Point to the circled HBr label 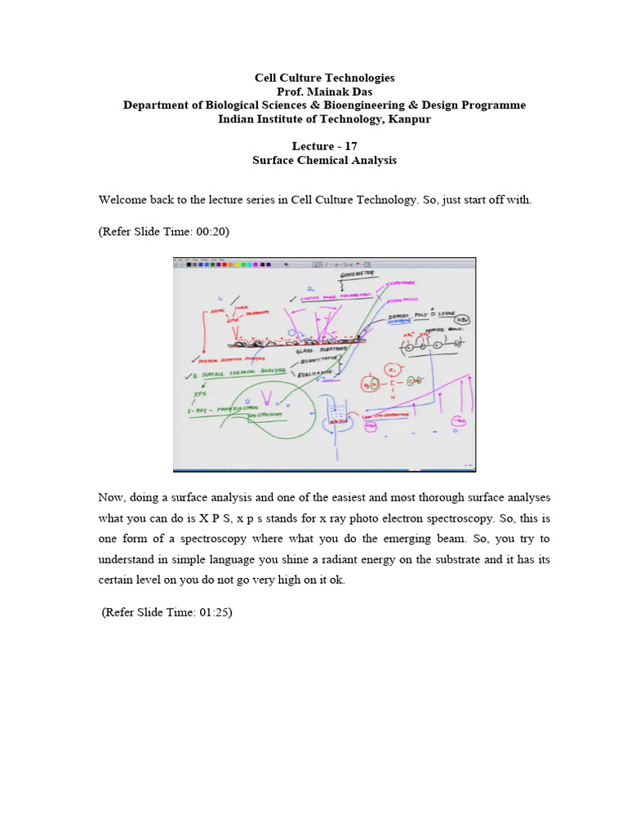462,320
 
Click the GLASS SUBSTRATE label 322,349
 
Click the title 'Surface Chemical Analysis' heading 324,161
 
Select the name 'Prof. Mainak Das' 324,91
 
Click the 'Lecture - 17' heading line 324,147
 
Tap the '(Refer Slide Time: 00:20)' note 163,231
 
